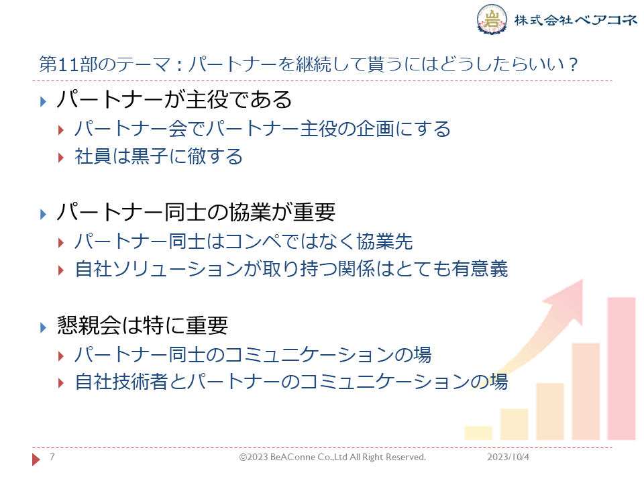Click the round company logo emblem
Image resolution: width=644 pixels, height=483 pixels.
tap(492, 19)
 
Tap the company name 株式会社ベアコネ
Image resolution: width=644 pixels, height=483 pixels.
tap(576, 19)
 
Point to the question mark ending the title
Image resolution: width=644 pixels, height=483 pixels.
tap(574, 64)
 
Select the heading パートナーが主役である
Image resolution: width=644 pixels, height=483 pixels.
tap(174, 100)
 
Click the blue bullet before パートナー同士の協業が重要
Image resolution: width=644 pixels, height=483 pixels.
tap(43, 214)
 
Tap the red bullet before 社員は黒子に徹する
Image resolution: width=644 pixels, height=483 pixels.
tap(61, 158)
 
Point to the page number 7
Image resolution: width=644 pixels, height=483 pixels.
tap(52, 457)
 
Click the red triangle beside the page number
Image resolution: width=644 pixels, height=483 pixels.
tap(36, 459)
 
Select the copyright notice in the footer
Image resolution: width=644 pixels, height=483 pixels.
tap(333, 457)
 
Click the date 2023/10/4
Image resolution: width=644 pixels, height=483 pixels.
tap(508, 457)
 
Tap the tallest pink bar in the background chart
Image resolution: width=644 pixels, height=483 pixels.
tap(621, 369)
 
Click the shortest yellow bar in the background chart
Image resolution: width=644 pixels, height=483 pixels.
tap(478, 433)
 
